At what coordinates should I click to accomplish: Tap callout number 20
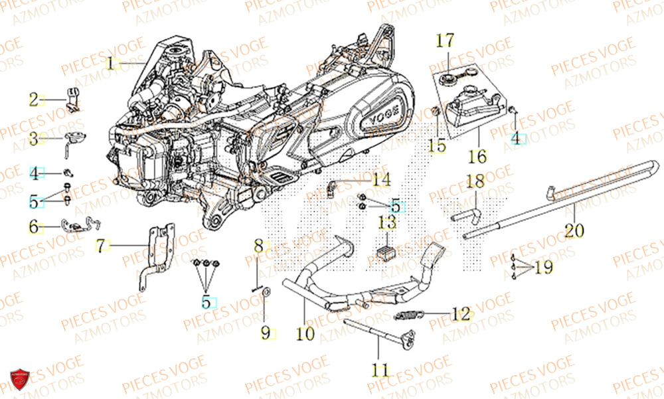coord(574,230)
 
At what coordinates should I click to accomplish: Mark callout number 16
coord(477,157)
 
